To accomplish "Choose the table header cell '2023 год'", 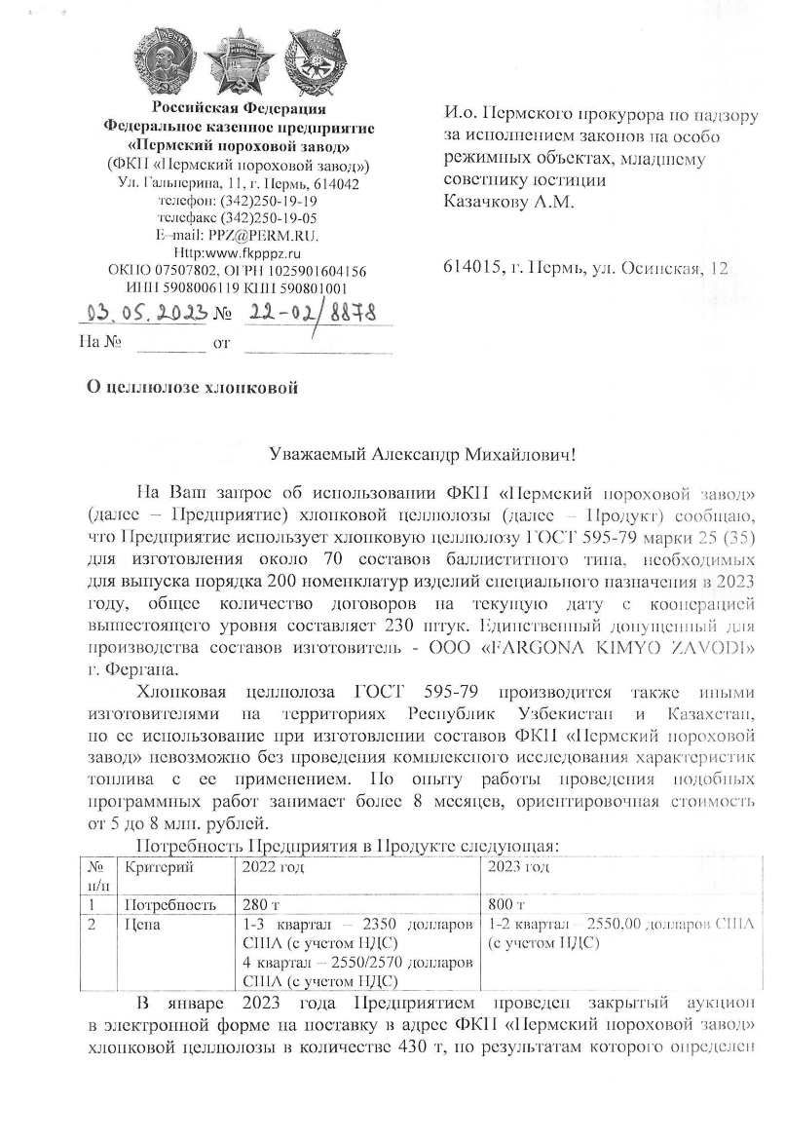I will coord(519,866).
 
